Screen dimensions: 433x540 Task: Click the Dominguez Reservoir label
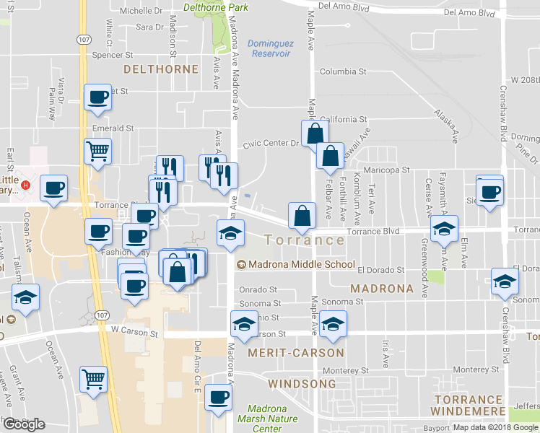tap(269, 48)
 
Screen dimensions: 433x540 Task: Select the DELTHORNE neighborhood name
tap(161, 69)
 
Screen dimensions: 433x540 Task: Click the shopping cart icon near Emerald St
tap(97, 152)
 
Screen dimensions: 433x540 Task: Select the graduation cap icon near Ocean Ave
tap(25, 298)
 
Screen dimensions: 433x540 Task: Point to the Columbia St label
tap(344, 72)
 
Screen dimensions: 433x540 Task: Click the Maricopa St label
tap(386, 170)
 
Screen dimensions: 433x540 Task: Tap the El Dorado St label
tap(380, 270)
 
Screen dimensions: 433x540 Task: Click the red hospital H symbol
tap(26, 185)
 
